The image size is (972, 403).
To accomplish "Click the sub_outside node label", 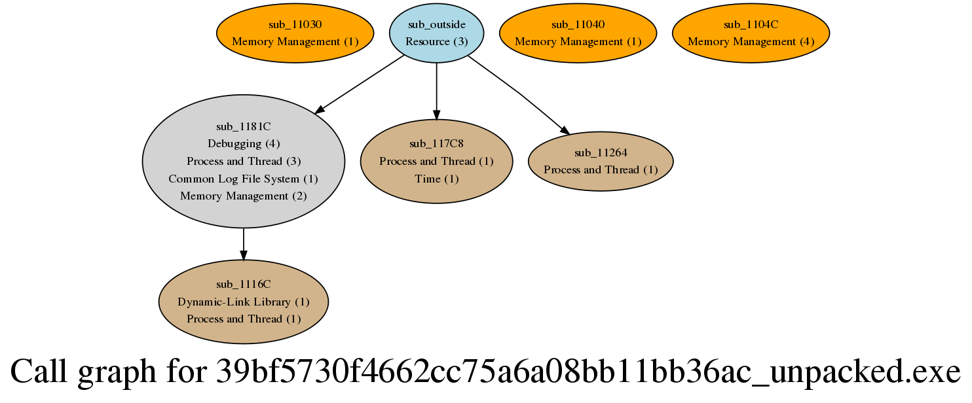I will pyautogui.click(x=436, y=24).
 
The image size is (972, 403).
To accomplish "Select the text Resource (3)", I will pyautogui.click(x=436, y=41).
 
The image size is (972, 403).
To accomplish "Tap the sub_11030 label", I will pyautogui.click(x=295, y=24).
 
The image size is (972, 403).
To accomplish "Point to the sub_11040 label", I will pyautogui.click(x=578, y=24).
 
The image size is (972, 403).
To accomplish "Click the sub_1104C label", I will pyautogui.click(x=751, y=24).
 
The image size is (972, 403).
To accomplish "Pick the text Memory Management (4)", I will pyautogui.click(x=751, y=41).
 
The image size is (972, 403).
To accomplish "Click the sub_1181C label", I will pyautogui.click(x=243, y=126).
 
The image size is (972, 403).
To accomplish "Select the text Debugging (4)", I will pyautogui.click(x=243, y=143).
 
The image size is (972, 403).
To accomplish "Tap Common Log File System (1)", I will pyautogui.click(x=243, y=179).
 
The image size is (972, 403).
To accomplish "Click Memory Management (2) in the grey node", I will pyautogui.click(x=243, y=196).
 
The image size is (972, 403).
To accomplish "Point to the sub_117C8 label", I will pyautogui.click(x=436, y=144).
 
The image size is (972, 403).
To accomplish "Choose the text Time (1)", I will pyautogui.click(x=436, y=179).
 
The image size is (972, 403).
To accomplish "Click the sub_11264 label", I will pyautogui.click(x=601, y=152).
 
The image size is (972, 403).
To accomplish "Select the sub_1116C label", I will pyautogui.click(x=243, y=285).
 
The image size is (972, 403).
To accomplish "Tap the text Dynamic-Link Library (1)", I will pyautogui.click(x=243, y=302).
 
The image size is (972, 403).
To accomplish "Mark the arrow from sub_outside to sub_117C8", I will pyautogui.click(x=436, y=92).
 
